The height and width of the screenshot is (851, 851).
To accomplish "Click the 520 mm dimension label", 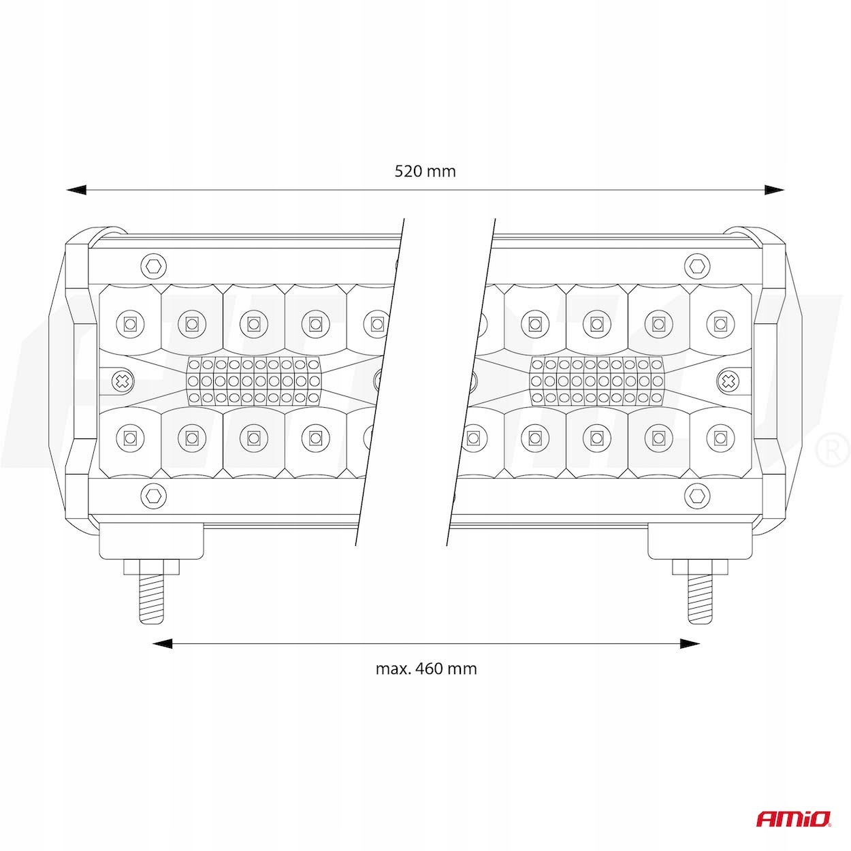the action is [x=425, y=171].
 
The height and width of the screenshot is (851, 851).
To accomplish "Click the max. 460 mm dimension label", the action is [x=426, y=668].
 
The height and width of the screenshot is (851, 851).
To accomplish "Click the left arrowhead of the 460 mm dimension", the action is [x=161, y=643].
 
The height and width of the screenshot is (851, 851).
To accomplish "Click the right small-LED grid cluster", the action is [x=596, y=380].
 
